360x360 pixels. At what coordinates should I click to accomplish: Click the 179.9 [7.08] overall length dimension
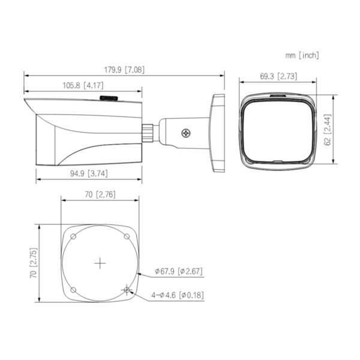(x=125, y=70)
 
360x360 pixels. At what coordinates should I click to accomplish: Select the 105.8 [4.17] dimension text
(x=83, y=85)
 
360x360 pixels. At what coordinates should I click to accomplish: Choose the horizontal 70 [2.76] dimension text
(x=100, y=194)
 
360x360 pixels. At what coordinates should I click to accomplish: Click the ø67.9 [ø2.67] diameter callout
(x=178, y=271)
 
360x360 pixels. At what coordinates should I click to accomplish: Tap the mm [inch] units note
(x=302, y=55)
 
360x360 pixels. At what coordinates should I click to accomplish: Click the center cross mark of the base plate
(x=100, y=263)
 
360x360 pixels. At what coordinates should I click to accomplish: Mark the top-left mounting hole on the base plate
(x=73, y=237)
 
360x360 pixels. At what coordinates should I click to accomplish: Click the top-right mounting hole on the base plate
(x=127, y=237)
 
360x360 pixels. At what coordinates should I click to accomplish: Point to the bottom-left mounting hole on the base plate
(x=73, y=290)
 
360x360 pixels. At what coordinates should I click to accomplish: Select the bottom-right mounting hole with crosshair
(x=126, y=290)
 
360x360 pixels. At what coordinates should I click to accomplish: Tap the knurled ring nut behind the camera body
(x=148, y=132)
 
